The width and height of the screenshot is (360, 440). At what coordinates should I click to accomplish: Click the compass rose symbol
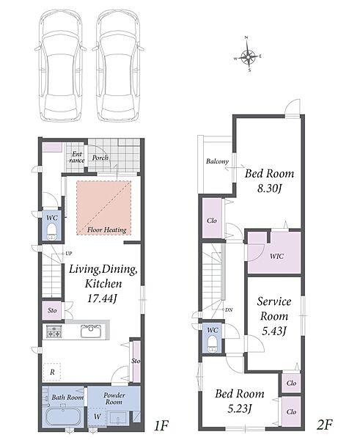(248, 55)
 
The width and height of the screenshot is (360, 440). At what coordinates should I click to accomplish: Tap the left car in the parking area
(60, 66)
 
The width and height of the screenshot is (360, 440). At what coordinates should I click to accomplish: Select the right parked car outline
(118, 66)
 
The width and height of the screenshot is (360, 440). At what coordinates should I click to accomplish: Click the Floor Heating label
(106, 230)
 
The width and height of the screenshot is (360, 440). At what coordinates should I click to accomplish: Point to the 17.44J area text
(102, 298)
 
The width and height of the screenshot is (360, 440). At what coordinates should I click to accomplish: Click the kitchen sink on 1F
(91, 331)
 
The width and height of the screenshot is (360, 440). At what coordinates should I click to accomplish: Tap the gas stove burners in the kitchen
(54, 331)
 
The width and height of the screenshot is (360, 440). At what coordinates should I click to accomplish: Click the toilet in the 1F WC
(51, 232)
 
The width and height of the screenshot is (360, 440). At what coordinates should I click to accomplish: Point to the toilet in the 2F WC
(212, 344)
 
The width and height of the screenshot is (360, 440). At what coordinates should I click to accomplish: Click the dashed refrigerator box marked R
(52, 372)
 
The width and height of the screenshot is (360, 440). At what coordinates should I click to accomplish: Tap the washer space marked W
(97, 417)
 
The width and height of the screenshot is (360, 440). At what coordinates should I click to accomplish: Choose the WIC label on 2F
(276, 256)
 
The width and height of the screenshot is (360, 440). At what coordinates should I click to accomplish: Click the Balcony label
(218, 161)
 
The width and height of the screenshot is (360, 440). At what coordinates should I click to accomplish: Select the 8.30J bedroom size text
(269, 188)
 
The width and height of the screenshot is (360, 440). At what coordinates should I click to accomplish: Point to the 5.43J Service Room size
(274, 331)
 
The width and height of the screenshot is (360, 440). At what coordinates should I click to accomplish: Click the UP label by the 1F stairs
(69, 254)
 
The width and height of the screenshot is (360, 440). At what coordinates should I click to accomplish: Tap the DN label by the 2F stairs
(229, 310)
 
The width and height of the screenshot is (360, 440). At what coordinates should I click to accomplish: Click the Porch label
(100, 158)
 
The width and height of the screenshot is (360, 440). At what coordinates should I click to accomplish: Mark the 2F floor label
(324, 425)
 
